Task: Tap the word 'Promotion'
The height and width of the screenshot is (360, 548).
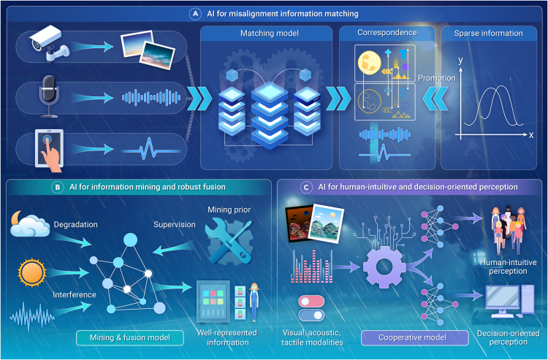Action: [x=436, y=77]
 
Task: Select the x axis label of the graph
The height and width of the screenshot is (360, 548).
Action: [x=530, y=135]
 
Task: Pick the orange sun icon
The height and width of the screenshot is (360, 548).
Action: [x=31, y=275]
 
